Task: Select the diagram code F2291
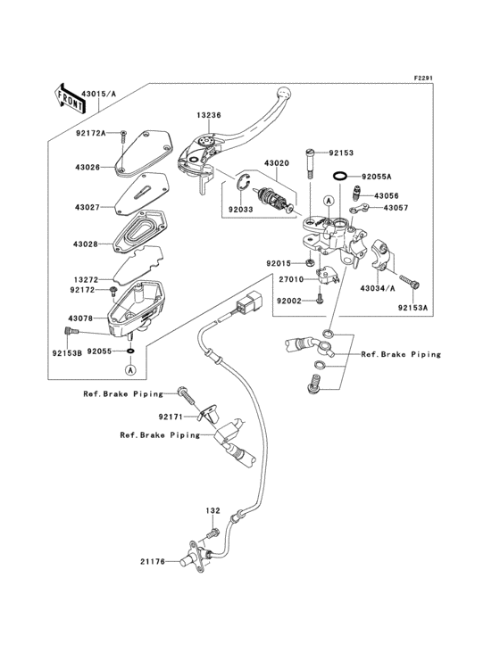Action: click(422, 78)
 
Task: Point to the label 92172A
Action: click(90, 133)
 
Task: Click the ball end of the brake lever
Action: click(285, 93)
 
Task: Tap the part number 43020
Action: click(275, 164)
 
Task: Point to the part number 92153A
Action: click(412, 308)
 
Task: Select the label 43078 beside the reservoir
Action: click(80, 318)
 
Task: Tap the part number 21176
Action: click(152, 561)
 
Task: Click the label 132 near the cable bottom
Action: click(212, 511)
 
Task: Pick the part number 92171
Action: click(171, 417)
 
